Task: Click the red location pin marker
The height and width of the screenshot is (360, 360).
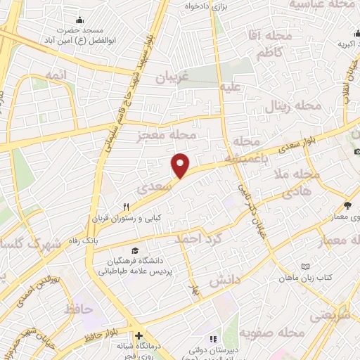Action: coord(181,165)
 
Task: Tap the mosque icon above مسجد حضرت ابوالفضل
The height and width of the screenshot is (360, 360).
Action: coord(79,20)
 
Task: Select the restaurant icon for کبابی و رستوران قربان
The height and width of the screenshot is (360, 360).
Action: coord(127,207)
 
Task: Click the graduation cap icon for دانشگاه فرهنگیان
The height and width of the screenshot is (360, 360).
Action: coord(134,251)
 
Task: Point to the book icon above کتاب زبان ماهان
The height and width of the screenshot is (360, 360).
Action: coord(304,266)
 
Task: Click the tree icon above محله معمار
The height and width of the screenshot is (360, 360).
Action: coord(347,205)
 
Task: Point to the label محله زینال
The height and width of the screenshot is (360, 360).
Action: coord(292,107)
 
